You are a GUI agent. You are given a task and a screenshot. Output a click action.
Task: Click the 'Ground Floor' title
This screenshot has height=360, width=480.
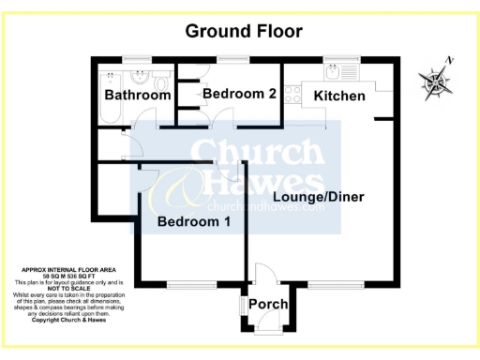point(244,31)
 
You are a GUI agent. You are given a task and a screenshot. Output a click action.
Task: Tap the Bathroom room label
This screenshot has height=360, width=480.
point(137,96)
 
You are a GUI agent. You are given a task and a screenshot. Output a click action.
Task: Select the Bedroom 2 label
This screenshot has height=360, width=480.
point(239,94)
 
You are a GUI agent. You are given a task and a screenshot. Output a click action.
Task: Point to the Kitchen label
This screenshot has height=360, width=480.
point(339,96)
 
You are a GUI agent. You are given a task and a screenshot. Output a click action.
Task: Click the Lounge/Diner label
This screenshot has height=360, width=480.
point(318,197)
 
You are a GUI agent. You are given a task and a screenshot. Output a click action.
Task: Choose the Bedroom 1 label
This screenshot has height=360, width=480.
point(193,222)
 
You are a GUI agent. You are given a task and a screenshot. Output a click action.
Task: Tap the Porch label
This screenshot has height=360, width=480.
point(268,305)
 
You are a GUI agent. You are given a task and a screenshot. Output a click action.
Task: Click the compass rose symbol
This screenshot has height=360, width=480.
point(434,84)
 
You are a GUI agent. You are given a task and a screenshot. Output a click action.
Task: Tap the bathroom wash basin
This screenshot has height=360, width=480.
point(140,75)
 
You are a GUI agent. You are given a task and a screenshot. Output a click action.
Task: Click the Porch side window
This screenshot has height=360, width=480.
point(241,306)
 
